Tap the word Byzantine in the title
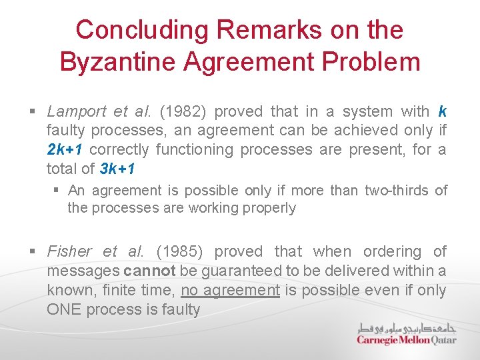tap(113, 62)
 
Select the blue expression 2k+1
tap(64, 149)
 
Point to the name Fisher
tap(69, 251)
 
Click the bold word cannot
tap(149, 271)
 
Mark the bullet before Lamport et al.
tap(33, 111)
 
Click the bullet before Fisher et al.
tap(33, 251)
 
